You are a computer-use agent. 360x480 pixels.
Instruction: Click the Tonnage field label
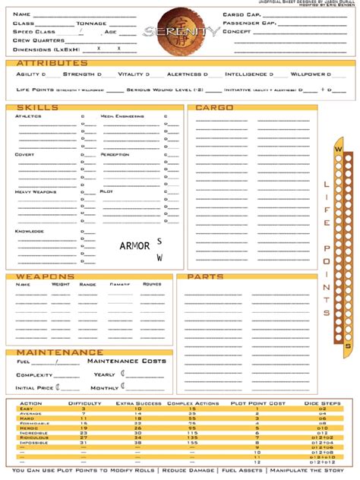[x=90, y=24]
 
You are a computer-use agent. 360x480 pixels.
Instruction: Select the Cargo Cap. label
[x=242, y=14]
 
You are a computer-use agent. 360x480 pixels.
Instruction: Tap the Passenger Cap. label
[x=249, y=24]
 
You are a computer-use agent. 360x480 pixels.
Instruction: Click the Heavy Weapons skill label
[x=36, y=191]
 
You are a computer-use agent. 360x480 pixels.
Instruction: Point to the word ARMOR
[x=134, y=245]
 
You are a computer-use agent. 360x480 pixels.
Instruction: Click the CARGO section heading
[x=215, y=108]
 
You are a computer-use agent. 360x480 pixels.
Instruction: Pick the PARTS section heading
[x=204, y=277]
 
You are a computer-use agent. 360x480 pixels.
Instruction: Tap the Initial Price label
[x=35, y=388]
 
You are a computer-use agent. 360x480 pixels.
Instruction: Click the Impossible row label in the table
[x=33, y=443]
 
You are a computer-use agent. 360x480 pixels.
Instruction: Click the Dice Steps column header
[x=321, y=403]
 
